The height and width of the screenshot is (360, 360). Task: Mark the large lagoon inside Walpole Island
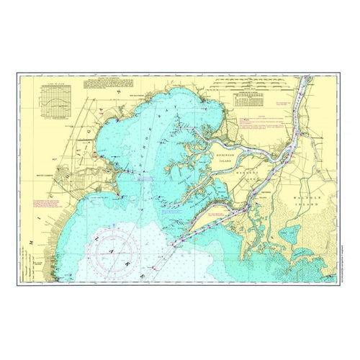(x=296, y=235)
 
